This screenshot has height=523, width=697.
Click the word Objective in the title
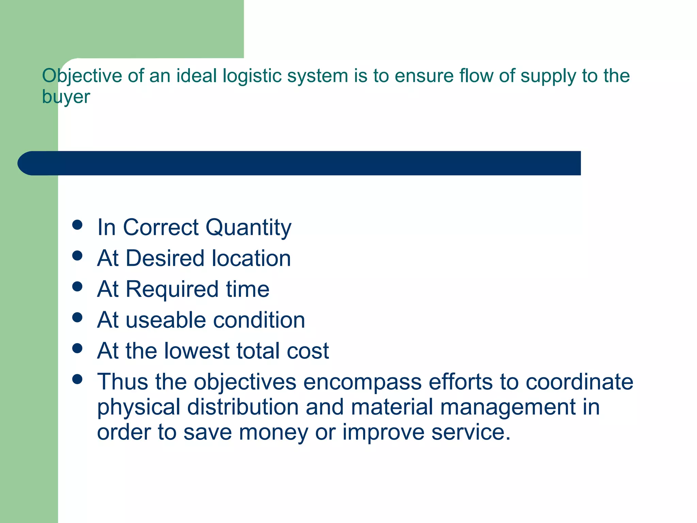click(82, 76)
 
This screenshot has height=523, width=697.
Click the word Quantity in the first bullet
click(248, 227)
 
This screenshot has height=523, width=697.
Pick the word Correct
click(161, 227)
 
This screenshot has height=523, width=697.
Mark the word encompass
click(362, 382)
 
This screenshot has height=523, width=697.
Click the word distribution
click(243, 407)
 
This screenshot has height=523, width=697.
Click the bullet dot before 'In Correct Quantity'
click(78, 225)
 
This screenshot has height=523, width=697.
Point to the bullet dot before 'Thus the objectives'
click(78, 379)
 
